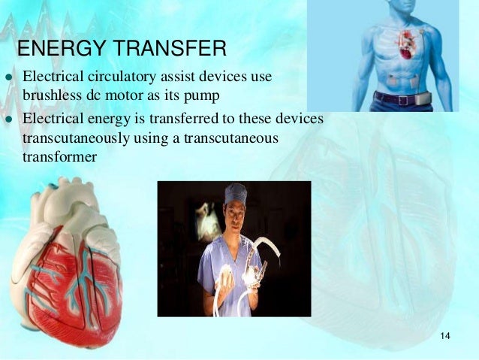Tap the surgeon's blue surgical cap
pos(235,194)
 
